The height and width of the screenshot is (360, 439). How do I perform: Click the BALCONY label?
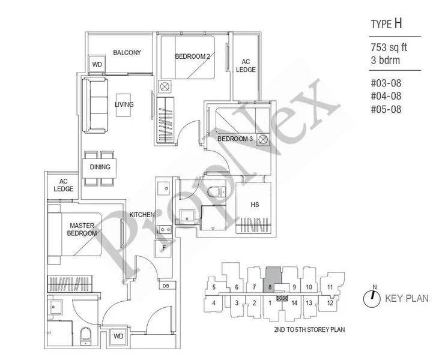[127, 53]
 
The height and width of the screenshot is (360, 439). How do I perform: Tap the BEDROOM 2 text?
[192, 56]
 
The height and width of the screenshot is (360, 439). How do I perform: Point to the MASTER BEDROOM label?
[80, 229]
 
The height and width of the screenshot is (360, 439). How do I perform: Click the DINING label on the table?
[99, 167]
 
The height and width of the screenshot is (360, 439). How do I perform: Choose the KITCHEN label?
[142, 215]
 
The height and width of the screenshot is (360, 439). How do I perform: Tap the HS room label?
[255, 205]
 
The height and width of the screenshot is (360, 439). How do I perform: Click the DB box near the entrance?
[165, 286]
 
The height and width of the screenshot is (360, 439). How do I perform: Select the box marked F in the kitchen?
[163, 248]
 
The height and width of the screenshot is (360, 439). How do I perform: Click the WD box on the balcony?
[96, 64]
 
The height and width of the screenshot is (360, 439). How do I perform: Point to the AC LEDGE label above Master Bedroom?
[63, 185]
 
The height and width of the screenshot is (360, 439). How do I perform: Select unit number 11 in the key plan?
[330, 287]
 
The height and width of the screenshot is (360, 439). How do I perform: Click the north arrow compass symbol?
[372, 297]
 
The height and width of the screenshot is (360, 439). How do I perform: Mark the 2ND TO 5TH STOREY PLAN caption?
[307, 330]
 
